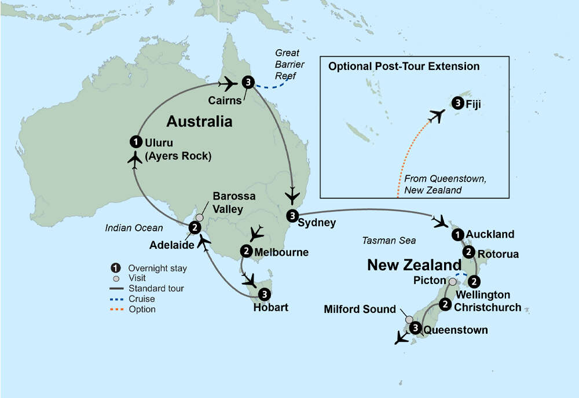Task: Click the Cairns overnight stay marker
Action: coord(248,83)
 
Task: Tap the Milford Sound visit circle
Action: coord(410,319)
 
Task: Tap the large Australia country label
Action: coord(199,121)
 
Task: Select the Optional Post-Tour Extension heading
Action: coord(404,67)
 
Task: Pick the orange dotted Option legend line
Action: coord(119,309)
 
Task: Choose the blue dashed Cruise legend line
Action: coord(119,299)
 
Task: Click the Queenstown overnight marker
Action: coord(415,328)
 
